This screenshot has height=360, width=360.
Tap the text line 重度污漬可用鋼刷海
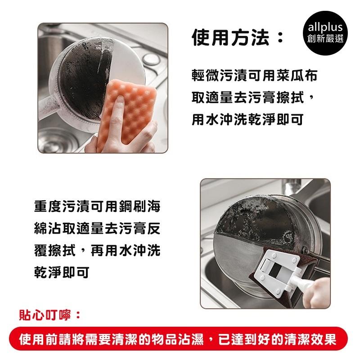[97, 208]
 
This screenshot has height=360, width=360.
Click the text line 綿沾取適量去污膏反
[97, 230]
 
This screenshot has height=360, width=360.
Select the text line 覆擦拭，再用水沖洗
[97, 252]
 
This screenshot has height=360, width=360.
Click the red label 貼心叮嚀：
[49, 315]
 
